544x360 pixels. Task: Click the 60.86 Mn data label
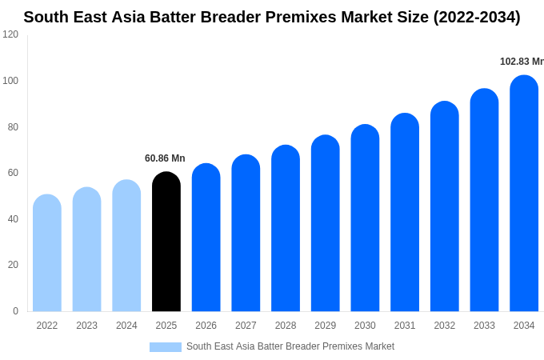(165, 158)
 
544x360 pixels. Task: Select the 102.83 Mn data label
(521, 62)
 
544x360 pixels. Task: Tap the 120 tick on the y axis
(10, 34)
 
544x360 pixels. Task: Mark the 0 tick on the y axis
(15, 311)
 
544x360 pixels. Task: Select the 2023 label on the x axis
(86, 326)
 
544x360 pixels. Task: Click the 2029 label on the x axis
(325, 326)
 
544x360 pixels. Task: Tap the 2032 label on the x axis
(444, 326)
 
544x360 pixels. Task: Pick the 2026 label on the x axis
(206, 326)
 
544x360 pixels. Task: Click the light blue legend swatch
(165, 347)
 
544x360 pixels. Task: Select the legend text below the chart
(290, 346)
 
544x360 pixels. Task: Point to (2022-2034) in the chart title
(476, 17)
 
